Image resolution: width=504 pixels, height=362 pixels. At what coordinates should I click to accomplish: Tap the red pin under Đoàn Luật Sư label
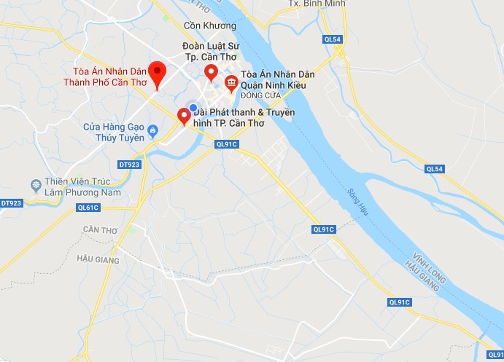(212, 71)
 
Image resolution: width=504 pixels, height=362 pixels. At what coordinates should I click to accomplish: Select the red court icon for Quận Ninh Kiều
(231, 82)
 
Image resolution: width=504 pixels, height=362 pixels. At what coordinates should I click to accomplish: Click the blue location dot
(193, 108)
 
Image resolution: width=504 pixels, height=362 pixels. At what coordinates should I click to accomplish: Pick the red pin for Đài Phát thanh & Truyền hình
(185, 115)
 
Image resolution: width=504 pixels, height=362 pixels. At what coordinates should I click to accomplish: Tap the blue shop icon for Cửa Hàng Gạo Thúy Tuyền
(152, 132)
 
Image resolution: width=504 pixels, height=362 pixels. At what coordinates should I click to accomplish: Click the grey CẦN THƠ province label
(100, 229)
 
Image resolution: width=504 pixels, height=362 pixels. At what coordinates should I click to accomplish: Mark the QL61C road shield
(88, 208)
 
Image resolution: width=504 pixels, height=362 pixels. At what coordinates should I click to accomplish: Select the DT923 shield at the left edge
(11, 203)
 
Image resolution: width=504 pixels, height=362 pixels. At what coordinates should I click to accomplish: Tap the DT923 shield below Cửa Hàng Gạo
(128, 165)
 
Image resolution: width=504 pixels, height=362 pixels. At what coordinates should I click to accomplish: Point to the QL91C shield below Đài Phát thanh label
(226, 144)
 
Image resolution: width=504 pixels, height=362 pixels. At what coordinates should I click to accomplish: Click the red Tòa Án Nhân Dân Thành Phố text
(105, 77)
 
